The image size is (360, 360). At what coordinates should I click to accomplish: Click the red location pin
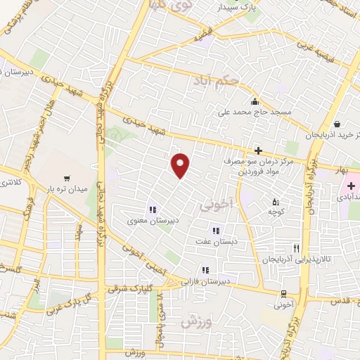181,165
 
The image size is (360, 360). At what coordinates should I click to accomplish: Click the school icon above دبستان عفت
216,230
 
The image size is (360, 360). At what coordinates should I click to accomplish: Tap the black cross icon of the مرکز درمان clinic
259,150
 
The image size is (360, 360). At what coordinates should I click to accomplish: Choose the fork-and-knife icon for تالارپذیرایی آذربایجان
297,247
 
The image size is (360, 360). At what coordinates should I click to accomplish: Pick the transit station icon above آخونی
283,294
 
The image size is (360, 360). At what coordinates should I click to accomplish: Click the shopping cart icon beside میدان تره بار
66,178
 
